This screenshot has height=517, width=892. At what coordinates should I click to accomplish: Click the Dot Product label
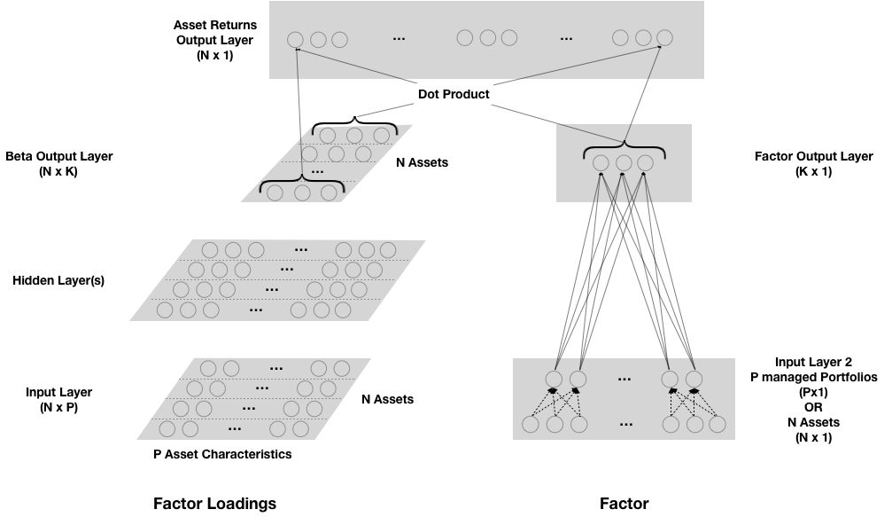(453, 94)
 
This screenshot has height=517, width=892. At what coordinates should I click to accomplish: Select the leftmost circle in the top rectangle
(295, 40)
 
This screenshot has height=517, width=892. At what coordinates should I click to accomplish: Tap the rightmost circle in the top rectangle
(664, 37)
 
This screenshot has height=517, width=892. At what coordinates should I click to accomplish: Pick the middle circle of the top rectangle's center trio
(487, 37)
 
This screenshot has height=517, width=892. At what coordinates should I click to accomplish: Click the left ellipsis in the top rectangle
(399, 39)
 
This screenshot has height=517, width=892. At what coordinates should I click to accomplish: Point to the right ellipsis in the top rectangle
(566, 39)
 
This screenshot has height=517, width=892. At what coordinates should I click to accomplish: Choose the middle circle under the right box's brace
(624, 163)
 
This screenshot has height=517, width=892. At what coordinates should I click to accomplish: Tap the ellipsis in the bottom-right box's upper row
(624, 380)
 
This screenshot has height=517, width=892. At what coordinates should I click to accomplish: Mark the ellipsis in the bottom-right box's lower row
(626, 425)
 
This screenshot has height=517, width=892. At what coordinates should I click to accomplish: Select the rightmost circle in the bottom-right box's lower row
(717, 424)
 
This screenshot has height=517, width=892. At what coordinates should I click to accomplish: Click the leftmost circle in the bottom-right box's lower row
(531, 424)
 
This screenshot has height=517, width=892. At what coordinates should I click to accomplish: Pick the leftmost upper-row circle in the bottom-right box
(554, 380)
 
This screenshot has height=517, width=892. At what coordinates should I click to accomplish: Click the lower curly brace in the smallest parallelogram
(301, 182)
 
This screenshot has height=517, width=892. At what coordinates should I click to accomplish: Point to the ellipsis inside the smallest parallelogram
(317, 171)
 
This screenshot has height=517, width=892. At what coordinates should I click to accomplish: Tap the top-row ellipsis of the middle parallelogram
(301, 250)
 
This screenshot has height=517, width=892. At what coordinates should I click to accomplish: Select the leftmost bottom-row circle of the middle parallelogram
(165, 309)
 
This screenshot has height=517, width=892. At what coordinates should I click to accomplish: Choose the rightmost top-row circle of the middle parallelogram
(388, 250)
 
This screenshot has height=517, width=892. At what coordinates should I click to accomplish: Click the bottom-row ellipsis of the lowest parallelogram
(235, 429)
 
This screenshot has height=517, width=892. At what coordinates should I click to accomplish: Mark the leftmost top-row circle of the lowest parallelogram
(208, 368)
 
